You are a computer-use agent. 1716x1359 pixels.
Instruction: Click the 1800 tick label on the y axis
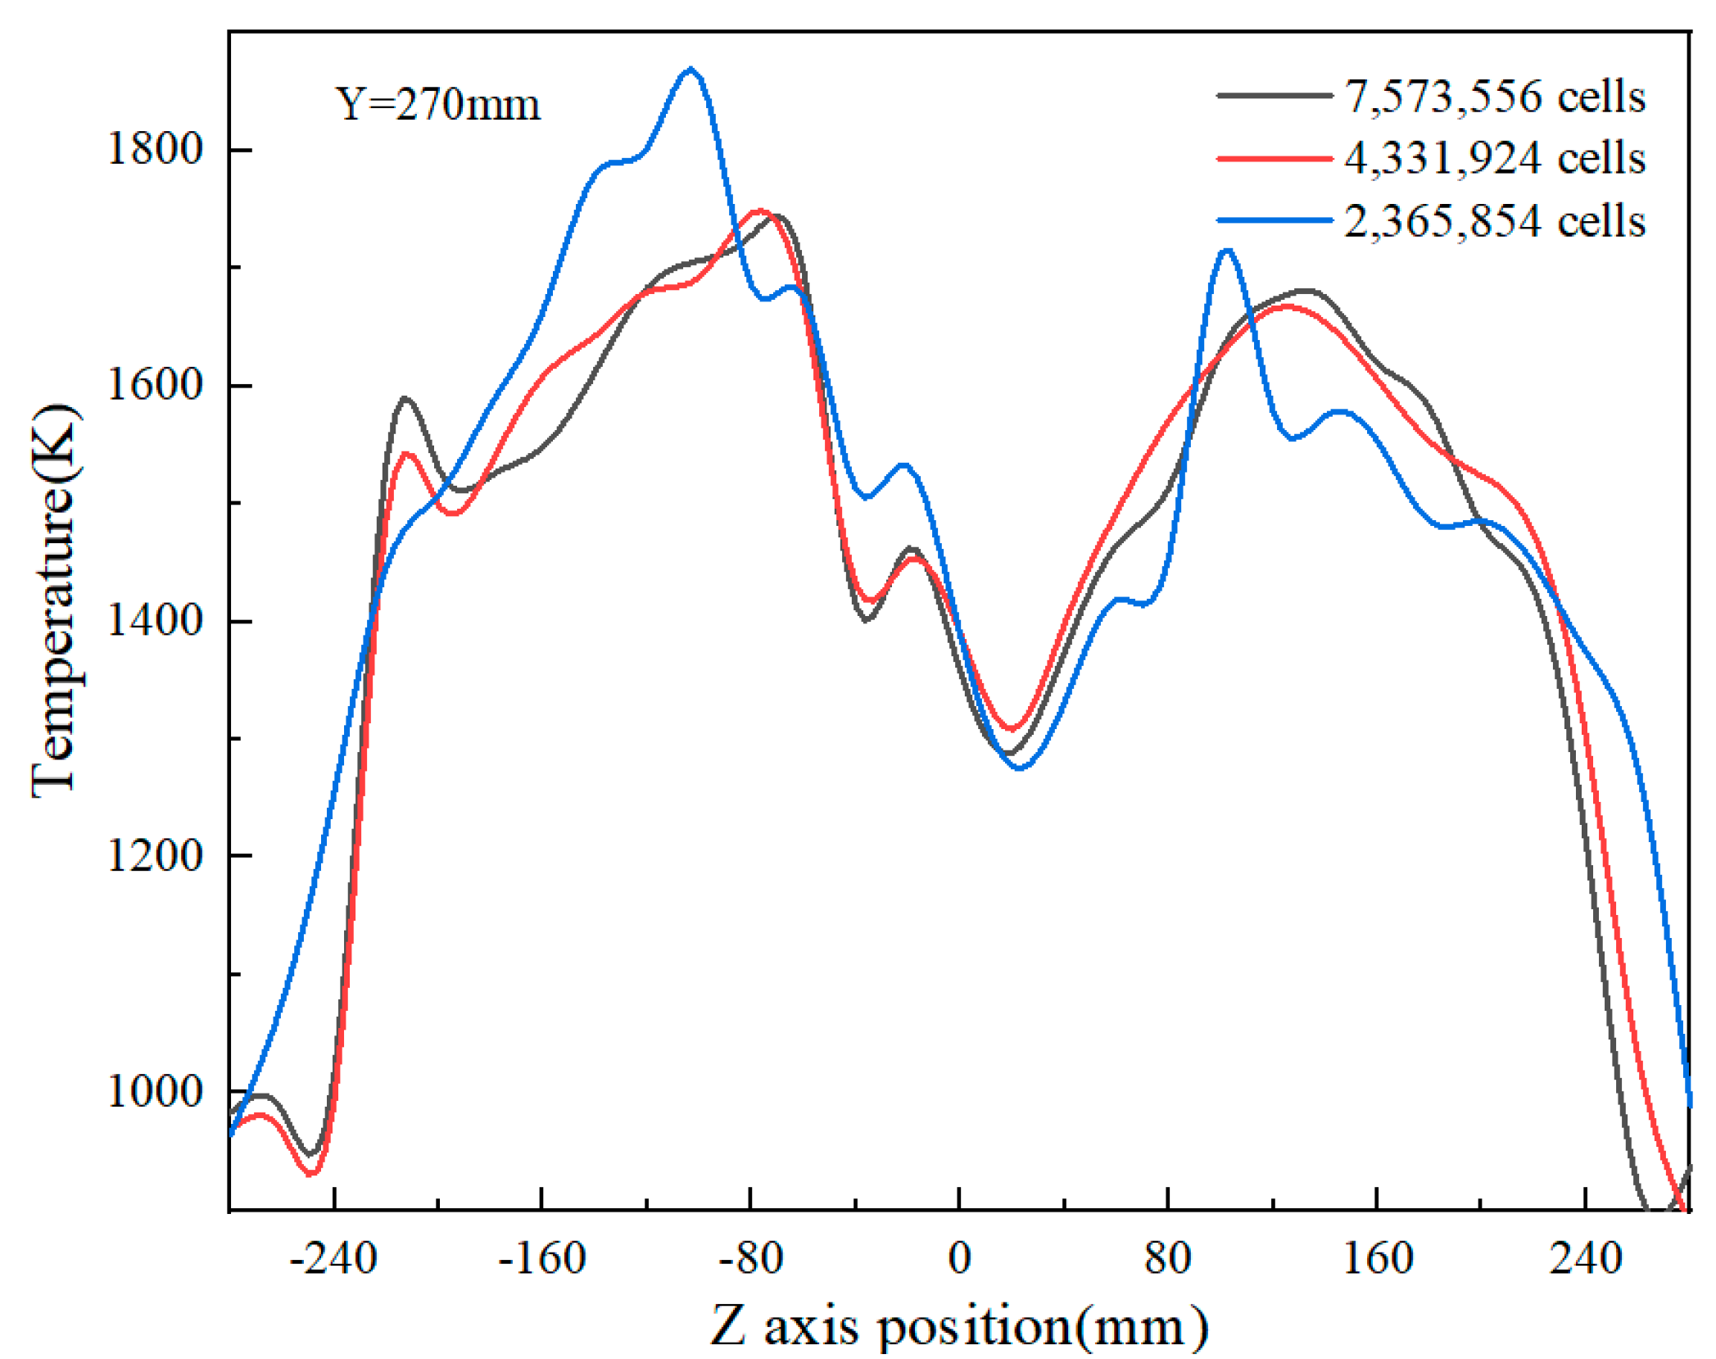coord(155,150)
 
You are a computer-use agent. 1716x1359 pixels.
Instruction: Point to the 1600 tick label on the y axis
coord(155,385)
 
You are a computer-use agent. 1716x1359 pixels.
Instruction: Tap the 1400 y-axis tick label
coord(155,621)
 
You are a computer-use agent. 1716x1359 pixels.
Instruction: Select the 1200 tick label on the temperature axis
coord(155,856)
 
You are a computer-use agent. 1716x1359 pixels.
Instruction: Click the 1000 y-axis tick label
coord(155,1091)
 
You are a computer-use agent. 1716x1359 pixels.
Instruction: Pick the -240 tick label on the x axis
coord(333,1258)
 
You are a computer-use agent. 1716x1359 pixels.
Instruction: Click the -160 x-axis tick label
coord(542,1258)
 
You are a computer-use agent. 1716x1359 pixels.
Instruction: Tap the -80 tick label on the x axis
coord(750,1258)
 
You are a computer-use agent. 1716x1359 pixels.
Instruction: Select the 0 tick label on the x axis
coord(959,1258)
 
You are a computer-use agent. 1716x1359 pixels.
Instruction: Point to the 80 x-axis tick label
coord(1167,1258)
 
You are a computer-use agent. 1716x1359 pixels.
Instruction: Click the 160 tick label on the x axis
coord(1378,1258)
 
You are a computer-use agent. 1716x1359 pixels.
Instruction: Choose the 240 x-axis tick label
coord(1586,1258)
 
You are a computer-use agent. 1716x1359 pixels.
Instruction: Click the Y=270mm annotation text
coord(438,105)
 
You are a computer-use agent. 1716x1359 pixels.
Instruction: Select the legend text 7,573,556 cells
coord(1494,97)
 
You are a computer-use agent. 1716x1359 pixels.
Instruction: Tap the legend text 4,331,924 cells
coord(1494,158)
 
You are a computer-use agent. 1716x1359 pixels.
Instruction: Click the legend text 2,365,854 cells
coord(1494,221)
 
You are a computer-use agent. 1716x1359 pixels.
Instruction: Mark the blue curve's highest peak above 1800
coord(691,70)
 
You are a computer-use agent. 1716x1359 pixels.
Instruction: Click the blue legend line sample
coord(1275,220)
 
